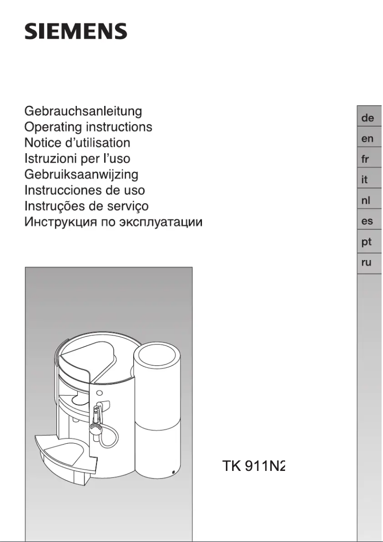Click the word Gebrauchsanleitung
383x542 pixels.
pyautogui.click(x=83, y=112)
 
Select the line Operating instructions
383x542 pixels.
pyautogui.click(x=88, y=127)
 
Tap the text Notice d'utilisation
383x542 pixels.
pyautogui.click(x=77, y=143)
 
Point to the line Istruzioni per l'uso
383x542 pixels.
pyautogui.click(x=77, y=158)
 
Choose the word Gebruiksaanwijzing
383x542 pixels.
pyautogui.click(x=81, y=174)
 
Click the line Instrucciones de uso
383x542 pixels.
pyautogui.click(x=85, y=190)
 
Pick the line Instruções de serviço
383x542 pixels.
pyautogui.click(x=86, y=206)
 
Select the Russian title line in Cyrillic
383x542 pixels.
pyautogui.click(x=114, y=222)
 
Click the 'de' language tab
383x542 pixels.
pyautogui.click(x=368, y=118)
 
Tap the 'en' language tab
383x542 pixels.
pyautogui.click(x=368, y=139)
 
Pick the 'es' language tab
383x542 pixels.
pyautogui.click(x=368, y=221)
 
